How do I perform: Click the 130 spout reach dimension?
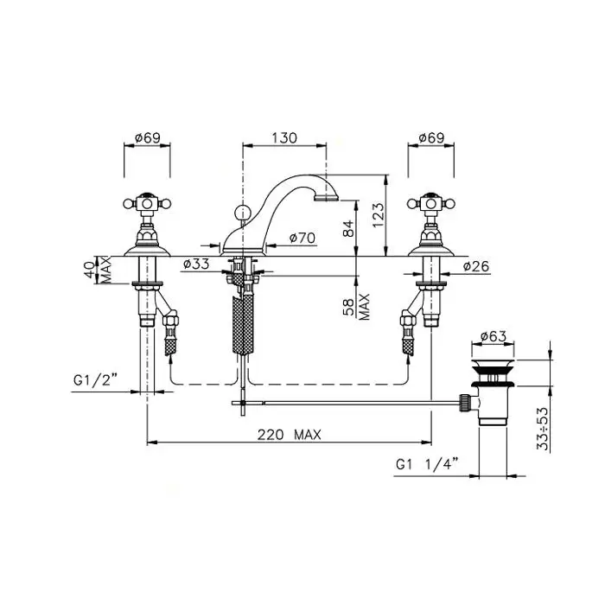tap(284, 137)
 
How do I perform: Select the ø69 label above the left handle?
tap(148, 137)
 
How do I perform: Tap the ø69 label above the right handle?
tap(431, 137)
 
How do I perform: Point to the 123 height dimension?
tap(379, 214)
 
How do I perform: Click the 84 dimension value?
tap(348, 228)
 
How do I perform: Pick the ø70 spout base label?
tap(302, 238)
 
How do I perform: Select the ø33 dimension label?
tap(196, 264)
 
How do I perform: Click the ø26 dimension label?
tap(475, 266)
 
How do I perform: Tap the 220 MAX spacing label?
tap(290, 435)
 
